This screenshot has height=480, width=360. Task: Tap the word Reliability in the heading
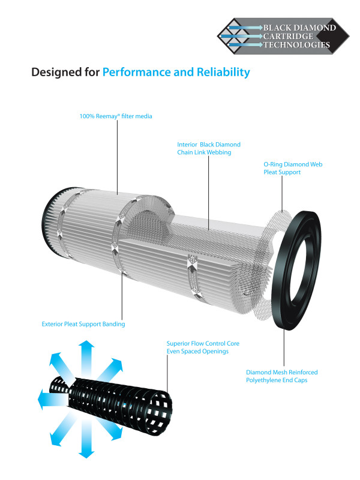pyautogui.click(x=219, y=73)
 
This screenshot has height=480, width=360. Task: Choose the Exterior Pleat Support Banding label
pyautogui.click(x=83, y=324)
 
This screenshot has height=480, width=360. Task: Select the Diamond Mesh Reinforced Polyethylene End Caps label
pyautogui.click(x=281, y=376)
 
